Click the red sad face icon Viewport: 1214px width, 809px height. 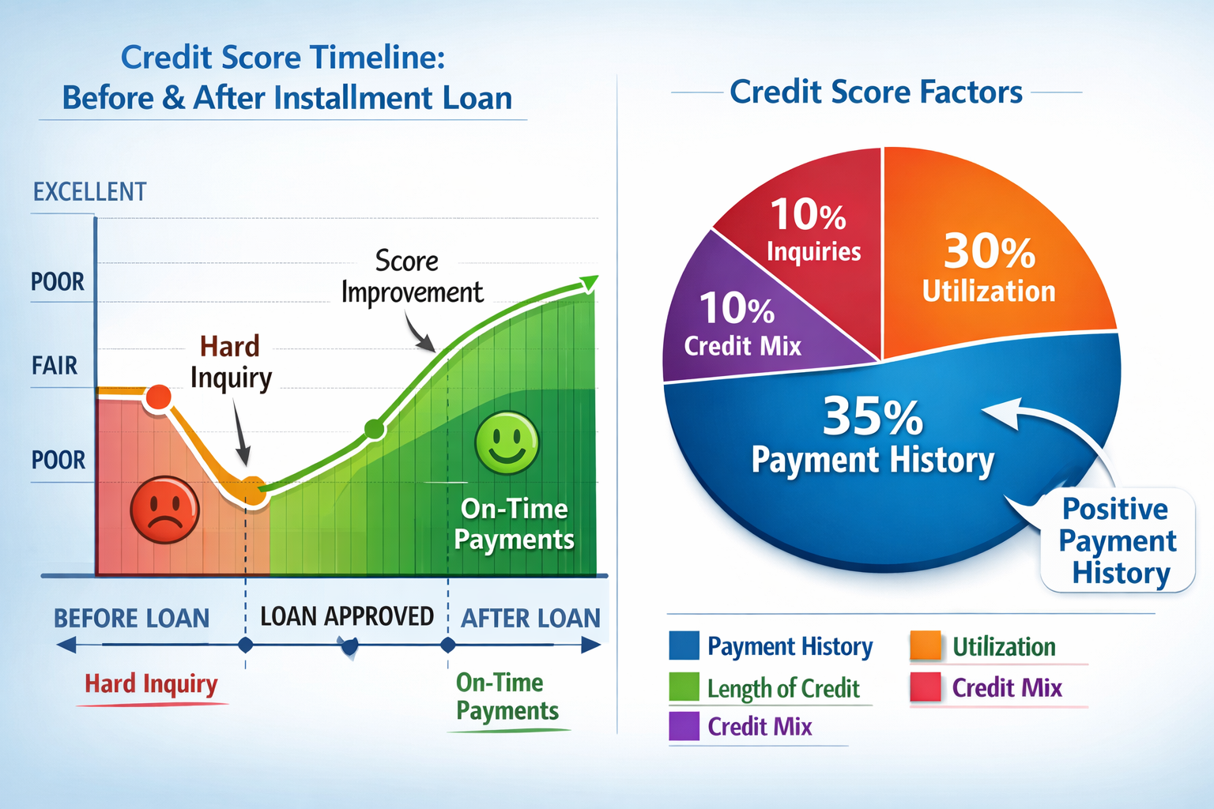(x=164, y=510)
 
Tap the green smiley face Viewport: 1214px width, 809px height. (x=507, y=442)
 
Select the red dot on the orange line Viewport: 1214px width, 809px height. (x=159, y=397)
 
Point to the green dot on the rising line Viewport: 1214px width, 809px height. (x=374, y=429)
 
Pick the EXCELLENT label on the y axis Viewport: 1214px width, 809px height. (x=89, y=192)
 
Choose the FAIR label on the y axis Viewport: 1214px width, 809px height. (x=55, y=366)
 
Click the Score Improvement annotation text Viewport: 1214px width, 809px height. (x=411, y=277)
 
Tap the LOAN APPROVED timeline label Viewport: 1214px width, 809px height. (x=347, y=616)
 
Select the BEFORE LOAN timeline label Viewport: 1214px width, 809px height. (x=131, y=618)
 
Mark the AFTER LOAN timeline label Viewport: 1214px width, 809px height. (x=530, y=618)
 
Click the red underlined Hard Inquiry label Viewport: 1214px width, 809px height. (x=151, y=683)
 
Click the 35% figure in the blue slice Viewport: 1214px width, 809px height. (x=872, y=417)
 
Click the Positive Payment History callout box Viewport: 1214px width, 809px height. (x=1117, y=540)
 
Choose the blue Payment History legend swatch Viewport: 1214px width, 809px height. (x=684, y=645)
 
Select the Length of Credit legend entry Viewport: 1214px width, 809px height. (x=782, y=688)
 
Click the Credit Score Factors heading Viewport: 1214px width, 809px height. (x=876, y=92)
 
